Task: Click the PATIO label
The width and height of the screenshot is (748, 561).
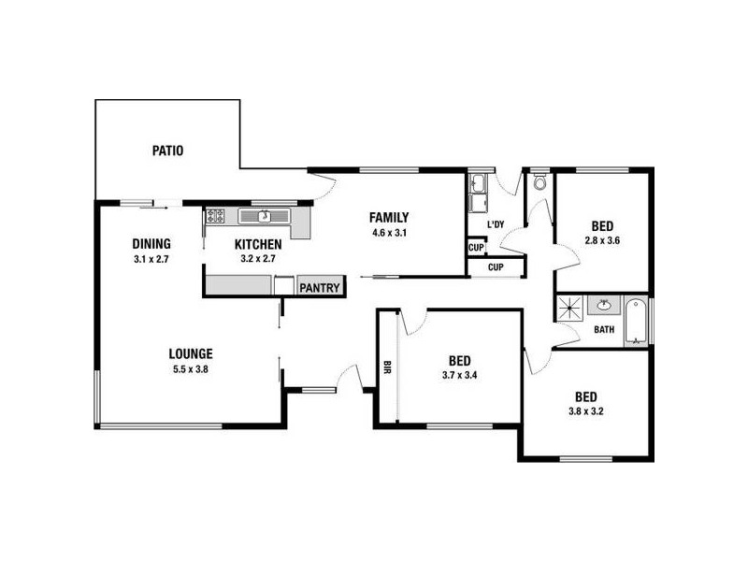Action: (x=168, y=150)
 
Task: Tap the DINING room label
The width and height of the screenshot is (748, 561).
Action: (x=151, y=245)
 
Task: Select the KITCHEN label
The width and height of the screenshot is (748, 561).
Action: (x=258, y=245)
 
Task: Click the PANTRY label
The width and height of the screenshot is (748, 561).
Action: (x=319, y=288)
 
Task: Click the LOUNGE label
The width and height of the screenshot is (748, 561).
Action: (x=191, y=353)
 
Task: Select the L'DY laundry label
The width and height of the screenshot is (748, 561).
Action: (x=496, y=224)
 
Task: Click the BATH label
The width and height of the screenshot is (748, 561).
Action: (x=603, y=329)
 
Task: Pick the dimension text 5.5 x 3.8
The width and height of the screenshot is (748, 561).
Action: (x=191, y=368)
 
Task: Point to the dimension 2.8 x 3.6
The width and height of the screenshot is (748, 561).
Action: (x=602, y=240)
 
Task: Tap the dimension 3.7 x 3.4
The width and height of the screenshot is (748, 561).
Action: (x=459, y=376)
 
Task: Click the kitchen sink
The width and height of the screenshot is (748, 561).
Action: (x=265, y=216)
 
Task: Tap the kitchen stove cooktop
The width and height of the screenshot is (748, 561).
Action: (x=215, y=216)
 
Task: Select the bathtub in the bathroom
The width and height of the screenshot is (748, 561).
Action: (x=638, y=321)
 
